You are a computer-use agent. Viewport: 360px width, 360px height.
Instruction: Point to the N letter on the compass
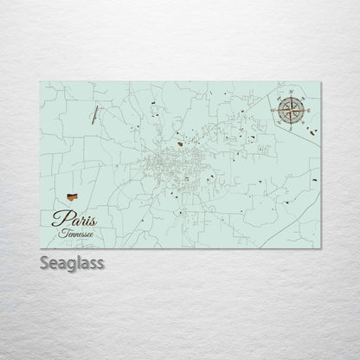pyautogui.click(x=292, y=92)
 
